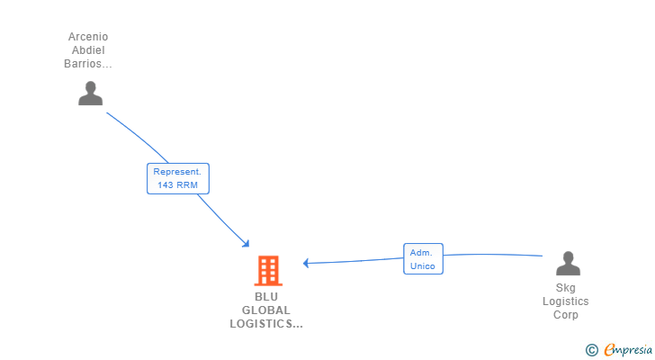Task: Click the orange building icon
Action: coord(267,270)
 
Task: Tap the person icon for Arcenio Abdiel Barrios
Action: coord(90,93)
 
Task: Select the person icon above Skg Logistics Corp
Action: coord(568,263)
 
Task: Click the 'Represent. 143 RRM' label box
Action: coord(178,178)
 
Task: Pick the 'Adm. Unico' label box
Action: coord(423,259)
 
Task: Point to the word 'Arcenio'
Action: coord(88,37)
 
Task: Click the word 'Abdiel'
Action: coord(88,50)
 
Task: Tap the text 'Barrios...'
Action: coord(88,64)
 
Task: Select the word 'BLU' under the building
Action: coord(266,296)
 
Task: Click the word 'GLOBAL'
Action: coord(266,310)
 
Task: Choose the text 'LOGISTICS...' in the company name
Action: coord(266,323)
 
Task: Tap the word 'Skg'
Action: coord(566,288)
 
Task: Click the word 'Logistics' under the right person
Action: coord(566,301)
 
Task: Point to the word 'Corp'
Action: coord(566,315)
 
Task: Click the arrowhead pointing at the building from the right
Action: coord(307,263)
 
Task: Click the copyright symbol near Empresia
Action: coord(591,350)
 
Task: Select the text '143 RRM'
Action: coord(178,185)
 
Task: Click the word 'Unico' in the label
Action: coord(423,266)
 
